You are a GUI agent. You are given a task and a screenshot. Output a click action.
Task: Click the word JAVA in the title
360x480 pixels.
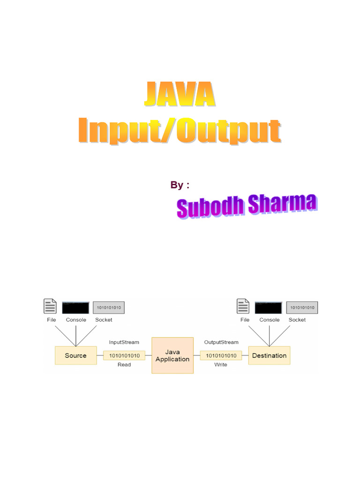179,95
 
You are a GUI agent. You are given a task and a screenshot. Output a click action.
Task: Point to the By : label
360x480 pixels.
180,185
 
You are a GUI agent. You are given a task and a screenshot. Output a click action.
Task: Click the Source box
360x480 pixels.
75,355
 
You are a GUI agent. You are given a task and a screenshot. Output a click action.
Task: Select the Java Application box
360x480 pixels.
172,355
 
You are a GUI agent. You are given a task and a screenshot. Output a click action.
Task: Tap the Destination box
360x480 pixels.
269,355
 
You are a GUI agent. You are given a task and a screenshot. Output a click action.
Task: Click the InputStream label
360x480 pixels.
124,342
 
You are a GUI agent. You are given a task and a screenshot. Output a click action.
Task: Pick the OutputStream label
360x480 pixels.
221,342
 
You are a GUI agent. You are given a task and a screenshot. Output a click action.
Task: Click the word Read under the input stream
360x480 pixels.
124,364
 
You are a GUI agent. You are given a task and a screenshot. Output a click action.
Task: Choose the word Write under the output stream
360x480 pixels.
221,364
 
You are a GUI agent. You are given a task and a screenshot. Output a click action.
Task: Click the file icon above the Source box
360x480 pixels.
50,306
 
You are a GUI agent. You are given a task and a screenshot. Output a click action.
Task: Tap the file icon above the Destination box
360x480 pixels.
243,306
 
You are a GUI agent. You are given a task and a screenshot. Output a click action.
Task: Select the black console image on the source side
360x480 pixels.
75,307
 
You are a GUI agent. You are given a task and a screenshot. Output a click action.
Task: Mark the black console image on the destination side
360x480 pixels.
268,307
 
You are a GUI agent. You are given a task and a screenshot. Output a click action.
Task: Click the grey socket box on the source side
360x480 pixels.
109,307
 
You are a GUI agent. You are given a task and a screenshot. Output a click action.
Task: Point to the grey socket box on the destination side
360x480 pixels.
302,307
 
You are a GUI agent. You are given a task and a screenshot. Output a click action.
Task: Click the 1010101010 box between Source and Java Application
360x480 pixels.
124,355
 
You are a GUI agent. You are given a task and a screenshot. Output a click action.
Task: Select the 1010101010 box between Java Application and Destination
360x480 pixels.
221,355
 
